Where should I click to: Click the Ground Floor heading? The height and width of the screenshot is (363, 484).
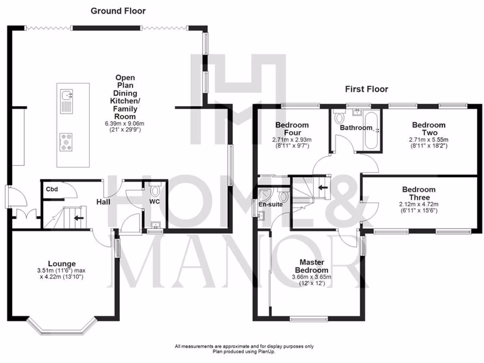(118, 11)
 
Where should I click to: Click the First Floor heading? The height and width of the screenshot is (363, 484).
(366, 89)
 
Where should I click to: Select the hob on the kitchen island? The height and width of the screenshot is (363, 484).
(66, 142)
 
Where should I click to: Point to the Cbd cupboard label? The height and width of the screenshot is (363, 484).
(52, 190)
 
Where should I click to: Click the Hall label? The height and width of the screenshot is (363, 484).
(104, 202)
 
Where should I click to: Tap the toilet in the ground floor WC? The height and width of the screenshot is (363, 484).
(155, 192)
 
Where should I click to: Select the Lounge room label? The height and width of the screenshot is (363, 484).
(61, 263)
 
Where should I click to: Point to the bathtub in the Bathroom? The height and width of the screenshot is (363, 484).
(370, 130)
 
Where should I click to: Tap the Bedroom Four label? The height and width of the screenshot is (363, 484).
(292, 129)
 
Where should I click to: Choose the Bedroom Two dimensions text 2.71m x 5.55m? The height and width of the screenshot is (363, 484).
(428, 140)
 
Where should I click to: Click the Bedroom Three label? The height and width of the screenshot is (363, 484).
(419, 193)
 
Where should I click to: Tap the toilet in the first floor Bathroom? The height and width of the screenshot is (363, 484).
(338, 117)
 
